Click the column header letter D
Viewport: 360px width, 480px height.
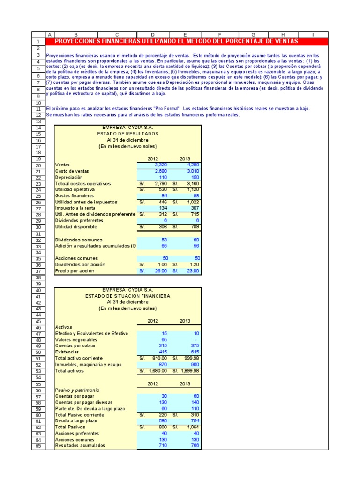tap(152, 35)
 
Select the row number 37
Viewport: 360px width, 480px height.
tap(38, 271)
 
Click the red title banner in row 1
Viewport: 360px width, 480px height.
tap(186, 41)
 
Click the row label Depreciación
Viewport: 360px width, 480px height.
tap(69, 177)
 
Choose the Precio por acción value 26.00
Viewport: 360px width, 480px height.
tap(160, 271)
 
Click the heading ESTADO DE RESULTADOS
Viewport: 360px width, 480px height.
tap(127, 134)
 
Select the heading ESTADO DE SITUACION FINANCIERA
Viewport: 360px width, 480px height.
tap(127, 296)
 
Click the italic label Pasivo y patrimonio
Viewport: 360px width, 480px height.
tap(77, 390)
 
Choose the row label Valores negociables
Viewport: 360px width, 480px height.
tap(76, 339)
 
